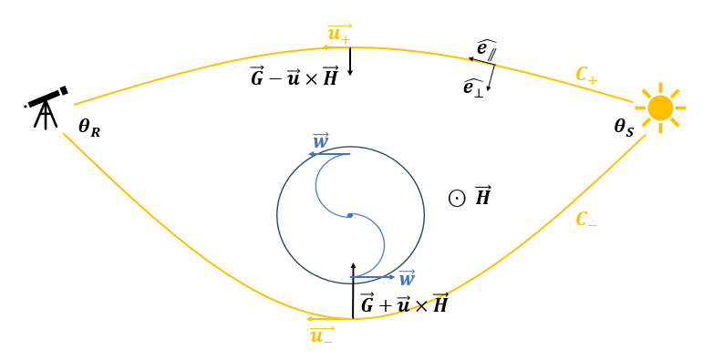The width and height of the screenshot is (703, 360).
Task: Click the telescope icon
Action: pos(46,105)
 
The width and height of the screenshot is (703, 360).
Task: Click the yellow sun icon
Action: pos(660,108)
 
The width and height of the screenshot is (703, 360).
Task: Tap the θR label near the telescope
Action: pos(89,128)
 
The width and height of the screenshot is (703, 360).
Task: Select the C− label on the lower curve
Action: pos(586,220)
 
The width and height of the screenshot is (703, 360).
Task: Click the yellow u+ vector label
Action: pos(339,35)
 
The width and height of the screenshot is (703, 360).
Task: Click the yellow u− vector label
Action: pos(321,334)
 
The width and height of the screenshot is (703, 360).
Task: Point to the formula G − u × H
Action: pos(295,77)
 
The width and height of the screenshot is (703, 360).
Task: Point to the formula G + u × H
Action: pos(404,303)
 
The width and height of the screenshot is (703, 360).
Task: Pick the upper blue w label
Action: pos(320,141)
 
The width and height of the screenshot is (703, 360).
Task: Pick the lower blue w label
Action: pos(407,278)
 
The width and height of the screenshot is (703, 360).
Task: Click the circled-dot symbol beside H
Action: pos(457,198)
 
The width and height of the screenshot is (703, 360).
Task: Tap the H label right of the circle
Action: pos(482,196)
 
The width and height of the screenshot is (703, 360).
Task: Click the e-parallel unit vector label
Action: pos(486,48)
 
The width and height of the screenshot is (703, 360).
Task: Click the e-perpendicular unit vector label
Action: pos(474,87)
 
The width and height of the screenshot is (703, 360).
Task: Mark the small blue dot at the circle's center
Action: pos(349,215)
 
